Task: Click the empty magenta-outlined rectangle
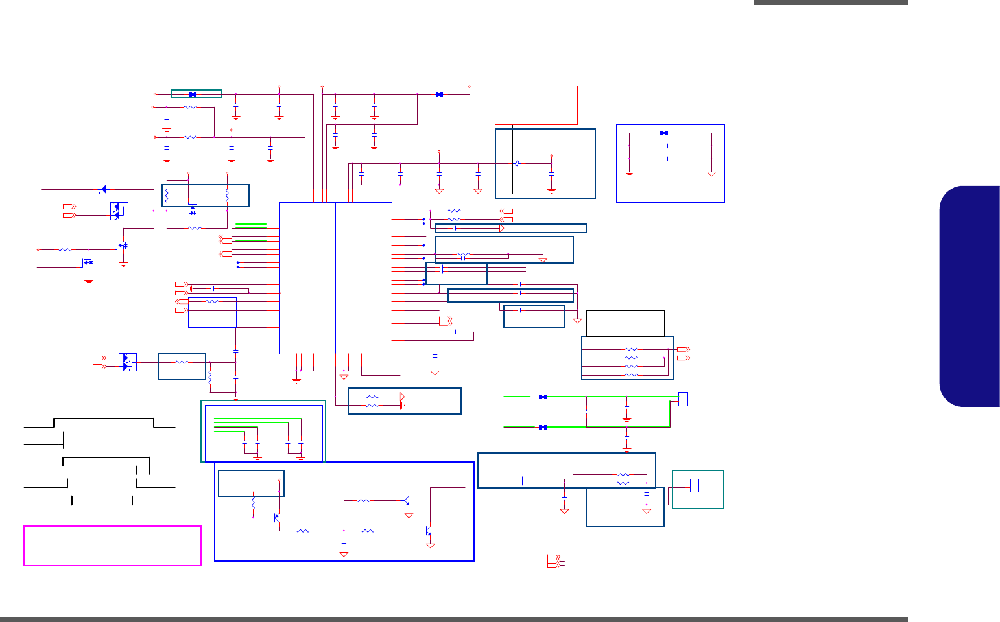[x=112, y=546]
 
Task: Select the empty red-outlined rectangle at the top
[x=536, y=104]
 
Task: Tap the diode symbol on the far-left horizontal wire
[x=103, y=189]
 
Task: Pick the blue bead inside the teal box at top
[x=192, y=94]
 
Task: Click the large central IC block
[x=335, y=278]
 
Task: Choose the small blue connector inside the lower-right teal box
[x=695, y=485]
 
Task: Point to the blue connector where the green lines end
[x=683, y=399]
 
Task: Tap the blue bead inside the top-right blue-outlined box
[x=663, y=133]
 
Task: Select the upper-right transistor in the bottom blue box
[x=407, y=501]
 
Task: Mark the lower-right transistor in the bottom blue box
[x=428, y=531]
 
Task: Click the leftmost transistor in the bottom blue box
[x=276, y=518]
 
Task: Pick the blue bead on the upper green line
[x=543, y=397]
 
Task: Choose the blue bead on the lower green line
[x=543, y=427]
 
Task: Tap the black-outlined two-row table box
[x=625, y=323]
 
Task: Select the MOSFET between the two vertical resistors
[x=193, y=210]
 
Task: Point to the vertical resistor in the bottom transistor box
[x=253, y=503]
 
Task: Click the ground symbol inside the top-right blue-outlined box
[x=629, y=173]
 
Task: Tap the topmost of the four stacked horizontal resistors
[x=631, y=350]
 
